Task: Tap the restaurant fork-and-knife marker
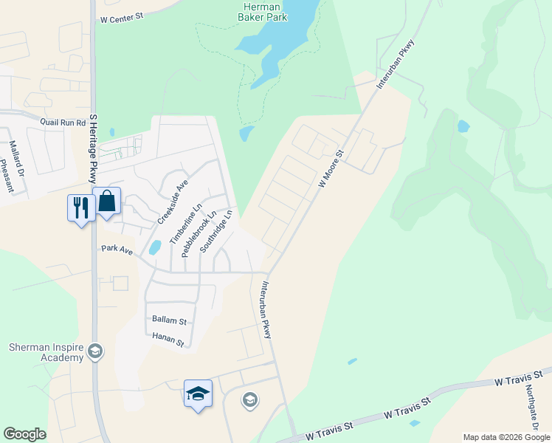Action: pos(80,207)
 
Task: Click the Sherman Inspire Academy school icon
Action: pos(94,351)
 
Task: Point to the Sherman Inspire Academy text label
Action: pos(46,352)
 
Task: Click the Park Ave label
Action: pos(117,251)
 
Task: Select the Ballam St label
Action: pos(169,321)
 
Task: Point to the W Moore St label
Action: pos(331,169)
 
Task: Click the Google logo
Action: pos(24,434)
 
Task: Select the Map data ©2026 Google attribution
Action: pos(506,437)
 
